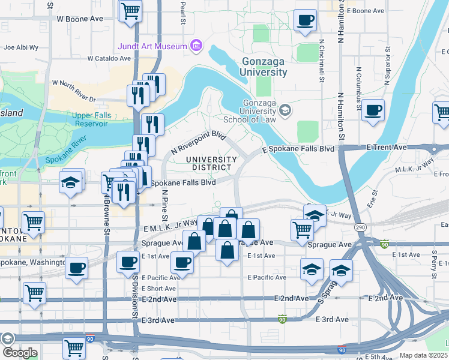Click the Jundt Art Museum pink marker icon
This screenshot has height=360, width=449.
pyautogui.click(x=196, y=46)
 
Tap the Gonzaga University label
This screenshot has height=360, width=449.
pyautogui.click(x=265, y=67)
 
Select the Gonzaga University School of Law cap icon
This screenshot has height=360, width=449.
pyautogui.click(x=285, y=110)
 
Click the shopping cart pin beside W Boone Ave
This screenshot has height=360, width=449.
pyautogui.click(x=130, y=10)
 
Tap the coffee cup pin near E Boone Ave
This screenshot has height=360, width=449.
pyautogui.click(x=305, y=20)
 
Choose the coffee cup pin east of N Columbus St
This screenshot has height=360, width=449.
pyautogui.click(x=373, y=110)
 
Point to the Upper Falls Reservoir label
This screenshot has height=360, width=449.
pyautogui.click(x=90, y=119)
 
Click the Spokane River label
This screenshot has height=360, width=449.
pyautogui.click(x=62, y=153)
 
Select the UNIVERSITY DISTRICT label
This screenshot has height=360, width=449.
pyautogui.click(x=210, y=163)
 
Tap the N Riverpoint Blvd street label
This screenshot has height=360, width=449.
pyautogui.click(x=198, y=143)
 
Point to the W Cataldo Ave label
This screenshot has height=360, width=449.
pyautogui.click(x=109, y=59)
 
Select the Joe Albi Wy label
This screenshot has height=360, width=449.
pyautogui.click(x=20, y=47)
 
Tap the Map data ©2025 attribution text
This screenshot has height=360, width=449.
pyautogui.click(x=423, y=355)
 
